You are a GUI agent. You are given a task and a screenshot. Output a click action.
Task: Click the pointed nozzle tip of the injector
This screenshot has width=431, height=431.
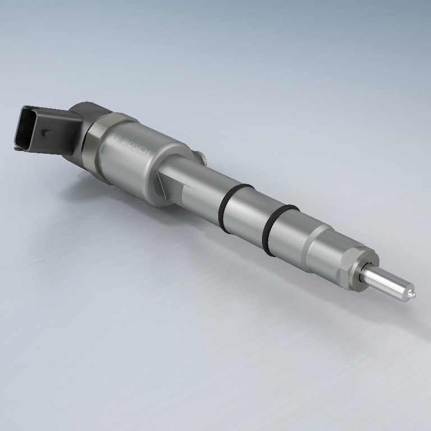[411, 295]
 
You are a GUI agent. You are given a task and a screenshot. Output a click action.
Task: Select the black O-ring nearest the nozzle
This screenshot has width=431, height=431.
[278, 230]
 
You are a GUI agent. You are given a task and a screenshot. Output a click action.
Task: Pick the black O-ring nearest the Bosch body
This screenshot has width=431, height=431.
[233, 208]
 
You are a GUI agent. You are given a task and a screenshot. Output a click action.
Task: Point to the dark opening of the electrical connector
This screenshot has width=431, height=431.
[25, 129]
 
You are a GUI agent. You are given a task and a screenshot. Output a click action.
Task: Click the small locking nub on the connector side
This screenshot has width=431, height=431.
[45, 134]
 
